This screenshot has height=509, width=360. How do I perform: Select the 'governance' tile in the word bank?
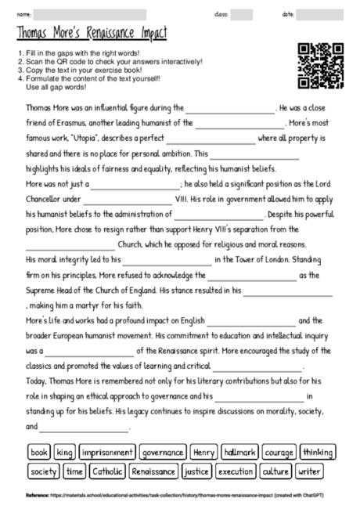(x=164, y=452)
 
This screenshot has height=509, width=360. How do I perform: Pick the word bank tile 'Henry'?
(x=203, y=452)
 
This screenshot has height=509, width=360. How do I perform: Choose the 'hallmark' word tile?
(x=239, y=452)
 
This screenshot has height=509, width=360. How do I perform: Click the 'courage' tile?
(x=279, y=452)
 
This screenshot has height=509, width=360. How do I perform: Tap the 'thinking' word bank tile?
(x=317, y=452)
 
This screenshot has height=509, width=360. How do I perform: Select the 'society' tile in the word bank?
(x=44, y=471)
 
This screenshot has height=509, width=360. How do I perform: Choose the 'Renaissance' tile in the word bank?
(x=153, y=471)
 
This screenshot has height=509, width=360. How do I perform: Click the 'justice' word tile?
(x=196, y=471)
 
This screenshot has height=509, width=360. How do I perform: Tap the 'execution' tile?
(x=236, y=471)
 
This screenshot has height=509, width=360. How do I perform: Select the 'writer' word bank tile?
(x=310, y=471)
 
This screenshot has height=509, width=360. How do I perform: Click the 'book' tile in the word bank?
(x=39, y=452)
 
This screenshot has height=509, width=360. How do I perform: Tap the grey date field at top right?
(x=320, y=14)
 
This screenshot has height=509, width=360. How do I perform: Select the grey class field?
(x=242, y=14)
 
